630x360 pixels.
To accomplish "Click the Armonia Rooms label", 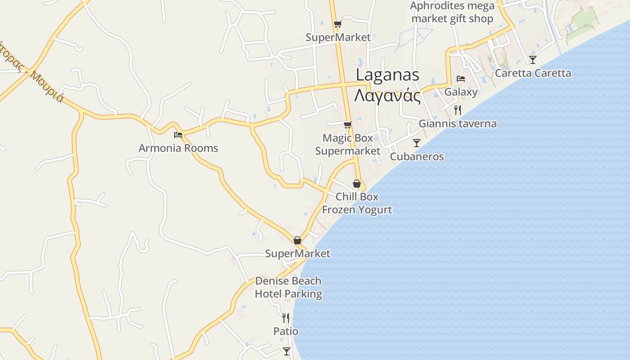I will pyautogui.click(x=178, y=148).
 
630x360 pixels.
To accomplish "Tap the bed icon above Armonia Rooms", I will pyautogui.click(x=178, y=135).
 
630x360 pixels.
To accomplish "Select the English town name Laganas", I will pyautogui.click(x=387, y=75).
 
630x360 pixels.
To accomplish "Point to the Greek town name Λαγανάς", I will pyautogui.click(x=387, y=96).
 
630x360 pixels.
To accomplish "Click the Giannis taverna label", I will pyautogui.click(x=458, y=124).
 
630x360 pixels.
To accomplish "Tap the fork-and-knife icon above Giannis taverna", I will pyautogui.click(x=458, y=110).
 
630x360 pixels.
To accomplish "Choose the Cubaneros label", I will pyautogui.click(x=417, y=157).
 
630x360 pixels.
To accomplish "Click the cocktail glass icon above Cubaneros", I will pyautogui.click(x=417, y=143).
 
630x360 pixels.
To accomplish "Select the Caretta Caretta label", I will pyautogui.click(x=533, y=73).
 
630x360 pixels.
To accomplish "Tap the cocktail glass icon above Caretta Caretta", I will pyautogui.click(x=533, y=59).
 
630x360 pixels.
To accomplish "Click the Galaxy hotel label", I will pyautogui.click(x=461, y=92).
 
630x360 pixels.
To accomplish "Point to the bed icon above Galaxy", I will pyautogui.click(x=461, y=79).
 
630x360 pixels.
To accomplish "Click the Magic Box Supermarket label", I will pyautogui.click(x=347, y=144).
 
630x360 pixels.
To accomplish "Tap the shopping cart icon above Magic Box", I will pyautogui.click(x=347, y=125).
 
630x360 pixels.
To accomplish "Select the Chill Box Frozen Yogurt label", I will pyautogui.click(x=357, y=203).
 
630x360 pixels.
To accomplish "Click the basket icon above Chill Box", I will pyautogui.click(x=357, y=184).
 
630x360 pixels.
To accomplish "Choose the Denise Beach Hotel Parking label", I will pyautogui.click(x=288, y=288).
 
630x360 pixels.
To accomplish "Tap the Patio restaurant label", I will pyautogui.click(x=286, y=331).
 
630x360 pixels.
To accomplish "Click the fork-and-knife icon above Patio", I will pyautogui.click(x=286, y=318).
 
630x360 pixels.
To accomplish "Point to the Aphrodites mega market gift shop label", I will pyautogui.click(x=452, y=12).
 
